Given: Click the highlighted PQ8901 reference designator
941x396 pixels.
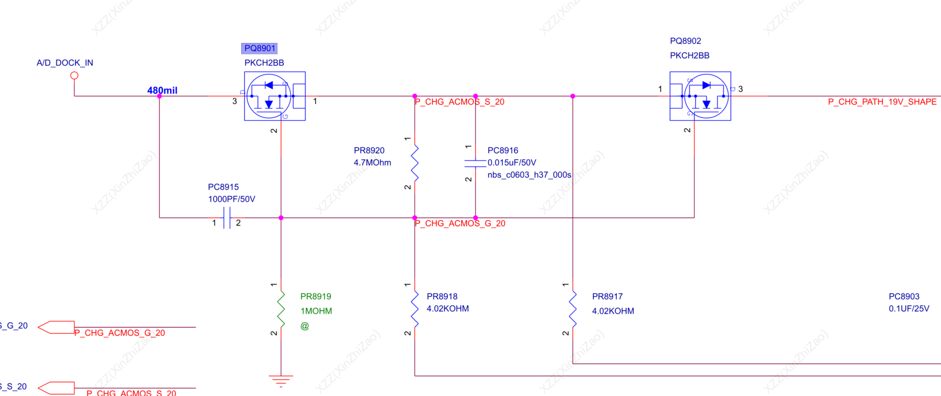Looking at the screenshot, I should pos(259,48).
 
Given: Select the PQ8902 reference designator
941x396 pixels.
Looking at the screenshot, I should pos(685,41).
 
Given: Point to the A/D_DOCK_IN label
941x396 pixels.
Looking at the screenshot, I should pos(65,63).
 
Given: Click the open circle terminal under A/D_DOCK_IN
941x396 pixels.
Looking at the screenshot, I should pos(74,76).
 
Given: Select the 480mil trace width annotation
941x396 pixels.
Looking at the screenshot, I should pos(162,90).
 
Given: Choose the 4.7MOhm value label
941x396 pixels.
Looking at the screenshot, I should pos(372,163).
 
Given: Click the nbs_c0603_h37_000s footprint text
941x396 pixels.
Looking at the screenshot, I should pos(529,175).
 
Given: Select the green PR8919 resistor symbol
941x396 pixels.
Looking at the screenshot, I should pos(281,309).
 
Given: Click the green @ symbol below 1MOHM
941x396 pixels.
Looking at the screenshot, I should pos(305,326).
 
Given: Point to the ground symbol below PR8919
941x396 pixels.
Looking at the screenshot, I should pos(281,380).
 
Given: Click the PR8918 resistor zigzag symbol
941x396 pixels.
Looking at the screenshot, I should pos(415,309).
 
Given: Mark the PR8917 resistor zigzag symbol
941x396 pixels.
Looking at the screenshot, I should pos(572,309).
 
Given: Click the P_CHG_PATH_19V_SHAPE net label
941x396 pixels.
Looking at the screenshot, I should pos(882,102).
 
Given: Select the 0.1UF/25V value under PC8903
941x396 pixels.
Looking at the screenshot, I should pos(908,309).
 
